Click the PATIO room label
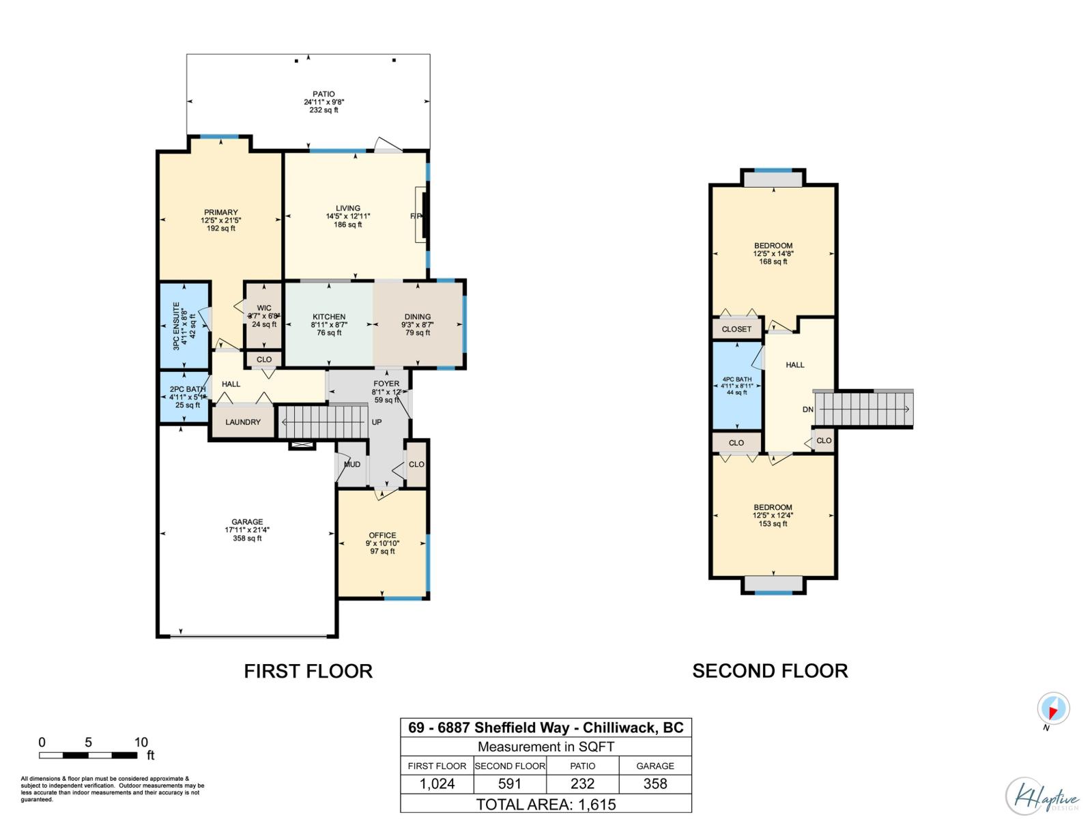click(x=324, y=94)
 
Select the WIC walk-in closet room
click(x=263, y=316)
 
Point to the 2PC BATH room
click(x=186, y=397)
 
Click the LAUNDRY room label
click(x=243, y=422)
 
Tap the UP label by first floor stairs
click(x=377, y=422)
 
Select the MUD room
click(x=352, y=464)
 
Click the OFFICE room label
click(x=382, y=535)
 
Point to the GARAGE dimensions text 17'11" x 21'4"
click(x=246, y=530)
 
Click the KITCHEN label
click(x=329, y=317)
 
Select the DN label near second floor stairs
click(x=807, y=409)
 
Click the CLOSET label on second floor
click(x=736, y=329)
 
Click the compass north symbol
click(x=1053, y=710)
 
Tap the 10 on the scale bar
click(x=141, y=743)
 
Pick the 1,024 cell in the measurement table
click(x=437, y=784)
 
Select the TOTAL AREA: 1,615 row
click(x=545, y=804)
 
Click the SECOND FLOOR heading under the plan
click(x=770, y=671)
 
